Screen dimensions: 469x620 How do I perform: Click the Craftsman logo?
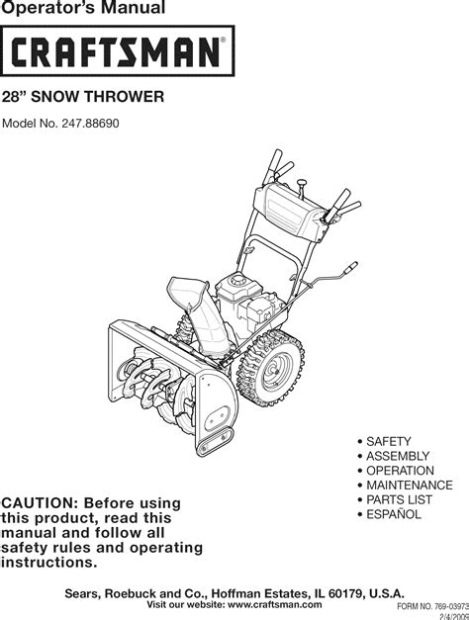[x=117, y=51]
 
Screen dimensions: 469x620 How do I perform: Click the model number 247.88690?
[x=90, y=124]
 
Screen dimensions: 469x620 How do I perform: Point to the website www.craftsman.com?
[x=275, y=604]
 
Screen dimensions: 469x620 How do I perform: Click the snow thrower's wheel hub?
[x=273, y=371]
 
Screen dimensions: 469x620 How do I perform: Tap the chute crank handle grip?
[x=350, y=267]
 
